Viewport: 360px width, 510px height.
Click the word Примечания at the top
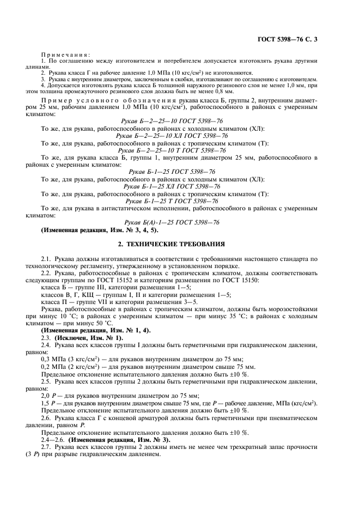point(65,54)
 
